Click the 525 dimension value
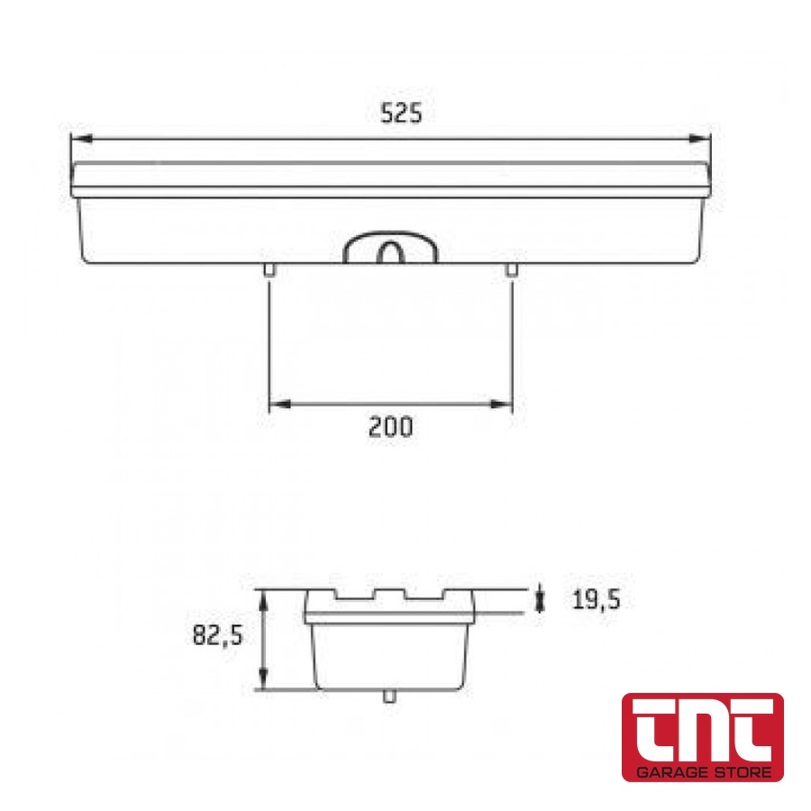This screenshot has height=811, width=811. pos(401,114)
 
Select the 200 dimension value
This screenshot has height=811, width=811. pos(390,427)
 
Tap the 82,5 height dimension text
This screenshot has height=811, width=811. pos(217,634)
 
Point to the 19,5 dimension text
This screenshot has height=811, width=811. pos(596,600)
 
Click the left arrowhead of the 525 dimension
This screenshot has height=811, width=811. pos(82,139)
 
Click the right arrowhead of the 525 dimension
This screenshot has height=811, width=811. pos(700,138)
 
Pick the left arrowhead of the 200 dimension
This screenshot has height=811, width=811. pos(280,404)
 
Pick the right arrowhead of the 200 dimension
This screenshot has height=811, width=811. pos(501,404)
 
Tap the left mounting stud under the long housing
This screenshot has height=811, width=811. pos(269,269)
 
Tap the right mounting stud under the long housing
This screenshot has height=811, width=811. pos(511,269)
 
